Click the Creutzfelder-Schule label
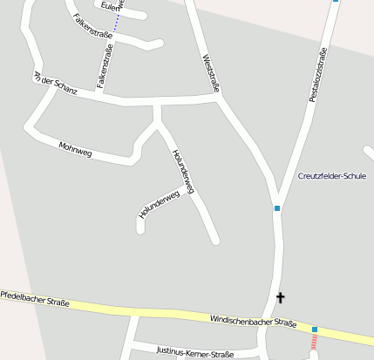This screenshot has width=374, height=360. [332, 176]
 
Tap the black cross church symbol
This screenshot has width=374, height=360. [281, 298]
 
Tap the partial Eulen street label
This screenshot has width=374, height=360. [110, 6]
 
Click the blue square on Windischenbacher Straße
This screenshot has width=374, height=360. [315, 329]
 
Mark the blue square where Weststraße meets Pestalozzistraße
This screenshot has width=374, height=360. [277, 208]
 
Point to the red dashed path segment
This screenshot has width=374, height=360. [314, 343]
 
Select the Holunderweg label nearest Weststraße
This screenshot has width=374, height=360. [183, 171]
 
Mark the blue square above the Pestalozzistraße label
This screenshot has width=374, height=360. [336, 2]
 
